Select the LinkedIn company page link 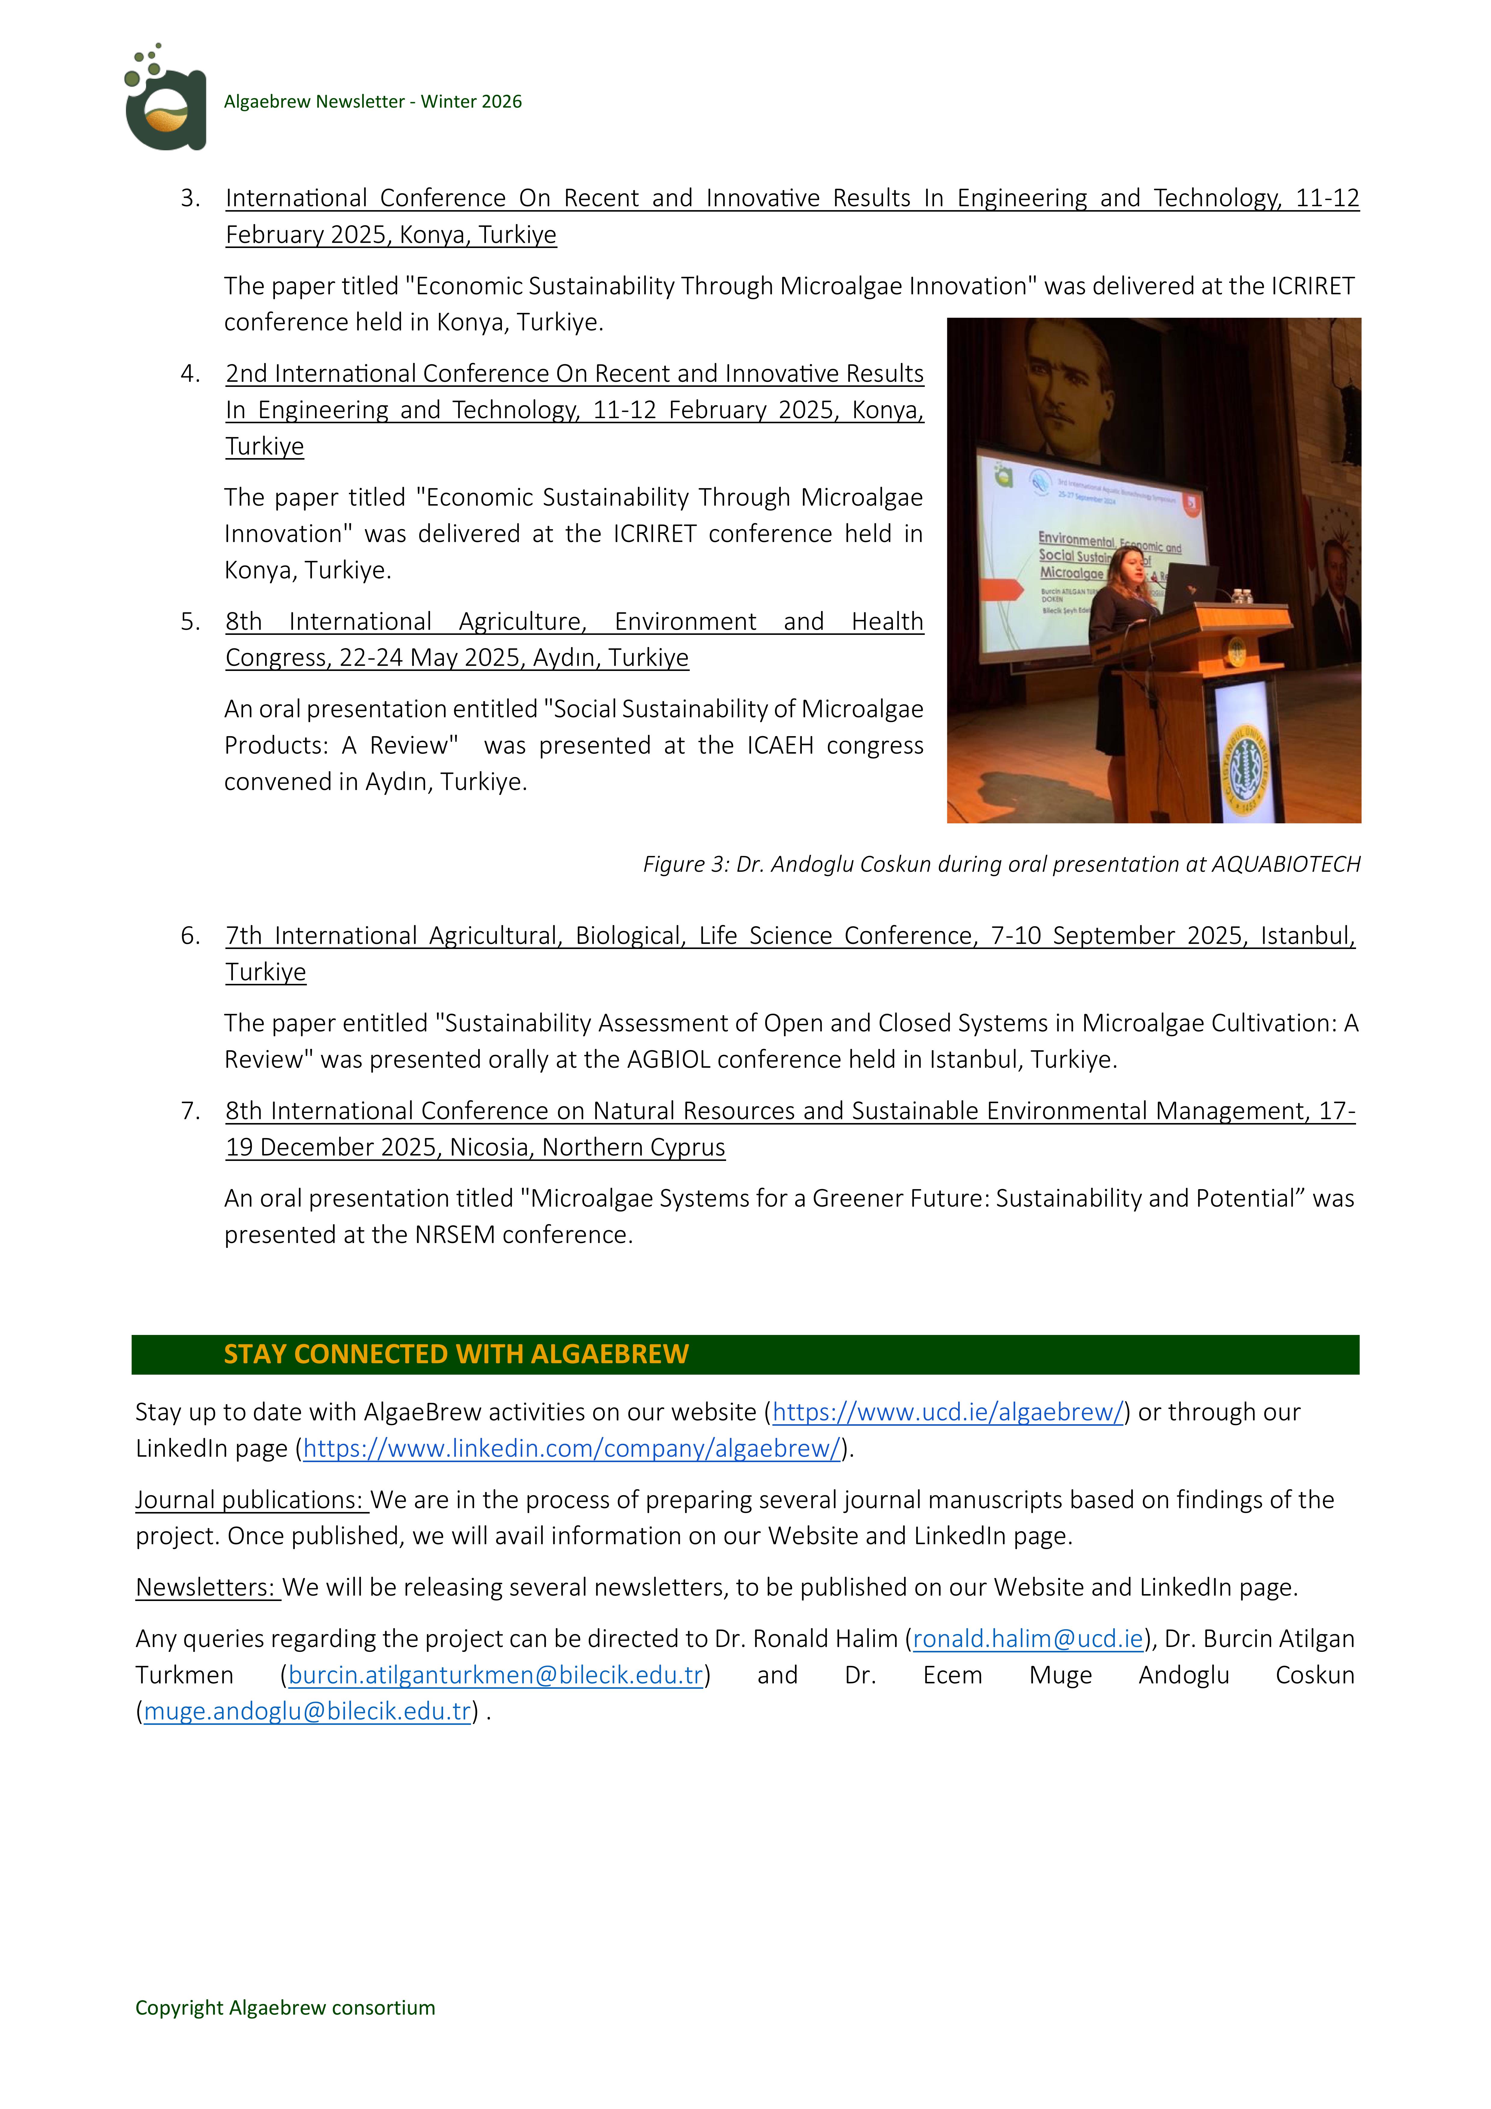coord(571,1449)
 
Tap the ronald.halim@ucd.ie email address coord(1027,1639)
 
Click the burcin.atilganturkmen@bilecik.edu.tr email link coord(495,1676)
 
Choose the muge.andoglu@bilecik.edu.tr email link coord(307,1711)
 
